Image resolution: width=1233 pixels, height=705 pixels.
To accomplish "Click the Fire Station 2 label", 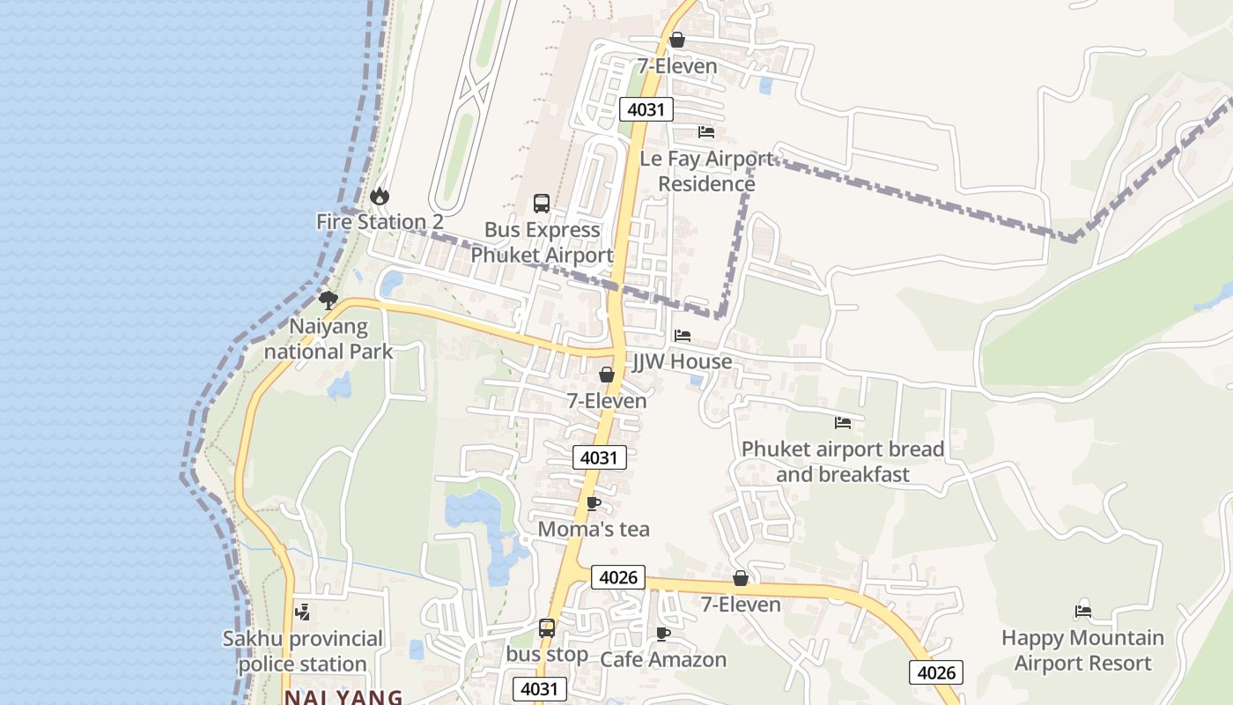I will tap(380, 222).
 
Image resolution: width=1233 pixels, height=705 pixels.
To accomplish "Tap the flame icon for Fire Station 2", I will tap(380, 196).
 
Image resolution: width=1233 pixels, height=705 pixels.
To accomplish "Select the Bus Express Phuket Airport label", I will tap(542, 242).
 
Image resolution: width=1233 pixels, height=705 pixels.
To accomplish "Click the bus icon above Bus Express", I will tap(542, 204).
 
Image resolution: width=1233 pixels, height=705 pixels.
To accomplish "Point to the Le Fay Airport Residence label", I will tap(706, 171).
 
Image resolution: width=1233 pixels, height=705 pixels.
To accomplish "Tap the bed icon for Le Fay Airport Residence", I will tap(706, 132).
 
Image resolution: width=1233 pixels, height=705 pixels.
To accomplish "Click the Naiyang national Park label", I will tap(329, 339).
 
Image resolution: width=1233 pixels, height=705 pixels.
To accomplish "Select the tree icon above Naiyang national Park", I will tap(329, 301).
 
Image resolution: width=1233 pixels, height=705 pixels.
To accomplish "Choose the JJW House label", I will tap(683, 362).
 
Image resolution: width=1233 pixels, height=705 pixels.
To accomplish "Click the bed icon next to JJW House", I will tap(683, 336).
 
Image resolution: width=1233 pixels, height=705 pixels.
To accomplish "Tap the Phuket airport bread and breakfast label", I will tap(843, 462).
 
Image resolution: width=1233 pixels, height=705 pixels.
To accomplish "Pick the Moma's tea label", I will tap(594, 530).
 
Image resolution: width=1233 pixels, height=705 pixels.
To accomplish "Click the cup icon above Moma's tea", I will tap(594, 503).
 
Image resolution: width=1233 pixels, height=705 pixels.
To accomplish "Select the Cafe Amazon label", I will tap(663, 660).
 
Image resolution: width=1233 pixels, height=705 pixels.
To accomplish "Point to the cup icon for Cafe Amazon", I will tap(663, 634).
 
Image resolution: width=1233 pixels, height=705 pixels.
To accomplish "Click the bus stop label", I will tap(547, 655).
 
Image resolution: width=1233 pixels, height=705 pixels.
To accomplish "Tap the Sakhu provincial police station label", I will tap(302, 651).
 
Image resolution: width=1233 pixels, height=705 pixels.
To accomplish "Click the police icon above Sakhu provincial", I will tap(302, 612).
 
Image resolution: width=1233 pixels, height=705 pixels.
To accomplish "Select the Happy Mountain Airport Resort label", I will tap(1082, 650).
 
